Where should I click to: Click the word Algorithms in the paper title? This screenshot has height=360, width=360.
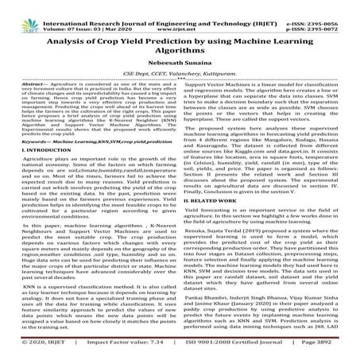point(179,47)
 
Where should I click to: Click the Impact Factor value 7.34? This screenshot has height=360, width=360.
point(132,350)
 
